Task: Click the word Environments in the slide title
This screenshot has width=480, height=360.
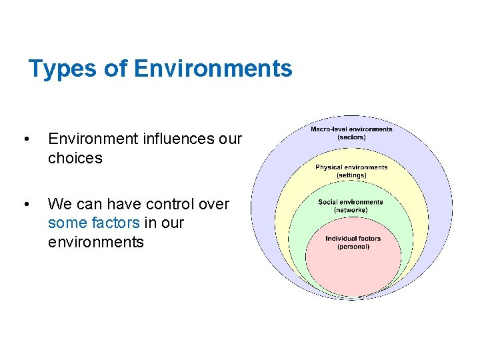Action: tap(213, 69)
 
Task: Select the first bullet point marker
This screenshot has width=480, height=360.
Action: tap(26, 139)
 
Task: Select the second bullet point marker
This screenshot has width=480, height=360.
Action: tap(26, 204)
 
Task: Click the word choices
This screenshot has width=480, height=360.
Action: tap(75, 158)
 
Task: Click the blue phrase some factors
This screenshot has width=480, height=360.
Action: tap(94, 223)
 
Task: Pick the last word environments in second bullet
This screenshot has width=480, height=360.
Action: tap(95, 241)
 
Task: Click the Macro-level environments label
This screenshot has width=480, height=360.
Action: tap(351, 129)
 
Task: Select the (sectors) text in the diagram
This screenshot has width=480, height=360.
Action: tap(351, 137)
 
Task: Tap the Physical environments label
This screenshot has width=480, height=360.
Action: tap(351, 167)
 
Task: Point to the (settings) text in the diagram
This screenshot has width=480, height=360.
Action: tap(351, 175)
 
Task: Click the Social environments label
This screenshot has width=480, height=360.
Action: tap(351, 202)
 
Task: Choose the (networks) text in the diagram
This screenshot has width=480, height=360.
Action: tap(351, 210)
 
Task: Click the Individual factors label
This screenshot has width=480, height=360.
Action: tap(353, 239)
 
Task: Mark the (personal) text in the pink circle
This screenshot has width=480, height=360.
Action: tap(353, 247)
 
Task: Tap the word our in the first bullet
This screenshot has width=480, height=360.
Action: tap(230, 139)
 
